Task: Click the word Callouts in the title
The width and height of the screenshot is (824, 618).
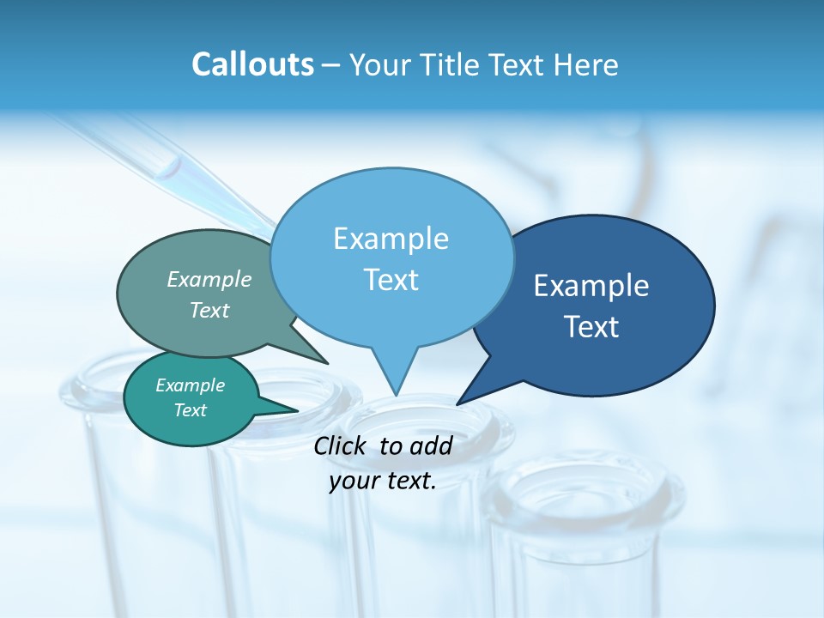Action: pos(252,64)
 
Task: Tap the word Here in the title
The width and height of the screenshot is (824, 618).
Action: pos(586,64)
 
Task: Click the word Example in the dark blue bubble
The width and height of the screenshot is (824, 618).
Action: pos(591,286)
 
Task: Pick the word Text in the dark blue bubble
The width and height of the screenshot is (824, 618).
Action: pos(591,327)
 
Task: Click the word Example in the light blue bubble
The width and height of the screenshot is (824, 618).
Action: pos(391,238)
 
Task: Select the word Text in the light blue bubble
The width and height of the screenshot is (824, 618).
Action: pos(391,280)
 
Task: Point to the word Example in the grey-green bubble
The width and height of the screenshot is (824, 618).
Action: pos(209,279)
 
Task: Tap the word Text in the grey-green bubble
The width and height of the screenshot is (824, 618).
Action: pos(209,310)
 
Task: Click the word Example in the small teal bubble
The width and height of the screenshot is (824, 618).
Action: pos(191,385)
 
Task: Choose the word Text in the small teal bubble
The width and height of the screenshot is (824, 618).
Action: pos(191,410)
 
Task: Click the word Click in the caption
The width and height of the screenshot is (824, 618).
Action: pos(340,445)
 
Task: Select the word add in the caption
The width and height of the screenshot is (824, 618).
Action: pos(431,445)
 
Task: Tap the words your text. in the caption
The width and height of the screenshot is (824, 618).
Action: pos(383,481)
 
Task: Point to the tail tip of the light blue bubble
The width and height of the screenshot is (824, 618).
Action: pos(396,396)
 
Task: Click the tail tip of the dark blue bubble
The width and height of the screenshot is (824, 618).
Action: pos(457,403)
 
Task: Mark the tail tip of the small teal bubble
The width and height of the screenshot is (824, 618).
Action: pos(298,410)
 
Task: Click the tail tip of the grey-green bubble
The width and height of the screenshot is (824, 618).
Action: pos(328,363)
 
